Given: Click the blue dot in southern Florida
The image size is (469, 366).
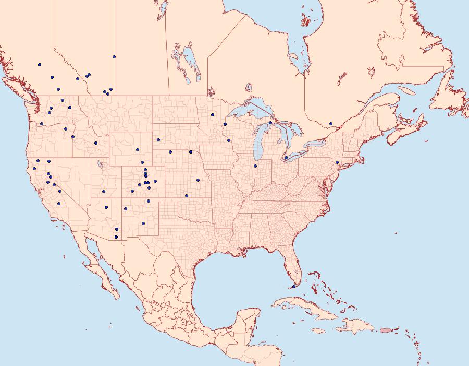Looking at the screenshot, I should coord(293,287).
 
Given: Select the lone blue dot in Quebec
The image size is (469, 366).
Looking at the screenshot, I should coord(331,124).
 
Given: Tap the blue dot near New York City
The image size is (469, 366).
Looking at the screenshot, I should coord(337,162).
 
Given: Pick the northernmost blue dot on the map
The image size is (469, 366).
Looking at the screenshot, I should coord(114,56).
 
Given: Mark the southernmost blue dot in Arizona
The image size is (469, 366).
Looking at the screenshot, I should coord(116,237).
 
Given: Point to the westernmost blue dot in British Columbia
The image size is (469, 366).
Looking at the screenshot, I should coord(40,65).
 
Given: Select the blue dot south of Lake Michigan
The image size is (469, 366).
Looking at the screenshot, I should coord(255,166).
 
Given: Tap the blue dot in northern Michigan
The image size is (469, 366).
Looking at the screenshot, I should coord(270,123).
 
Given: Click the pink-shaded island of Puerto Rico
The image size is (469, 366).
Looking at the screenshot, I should coord(386,329).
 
